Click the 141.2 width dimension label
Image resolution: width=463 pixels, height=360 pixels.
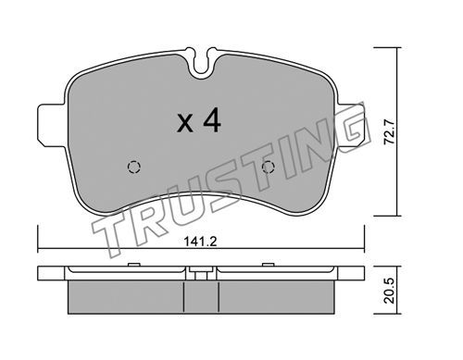[x=201, y=242]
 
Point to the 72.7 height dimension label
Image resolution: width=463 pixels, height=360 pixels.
[x=389, y=132]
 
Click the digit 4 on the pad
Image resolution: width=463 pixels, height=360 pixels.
[x=212, y=120]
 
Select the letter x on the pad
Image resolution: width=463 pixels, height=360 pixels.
[x=185, y=124]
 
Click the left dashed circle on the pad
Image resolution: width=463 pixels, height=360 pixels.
[x=134, y=168]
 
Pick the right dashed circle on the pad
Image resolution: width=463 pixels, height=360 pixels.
[x=268, y=168]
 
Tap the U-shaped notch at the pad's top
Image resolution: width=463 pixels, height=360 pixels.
[x=201, y=63]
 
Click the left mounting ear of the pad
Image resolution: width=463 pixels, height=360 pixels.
[x=52, y=126]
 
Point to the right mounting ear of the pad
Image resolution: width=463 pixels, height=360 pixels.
[x=353, y=126]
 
